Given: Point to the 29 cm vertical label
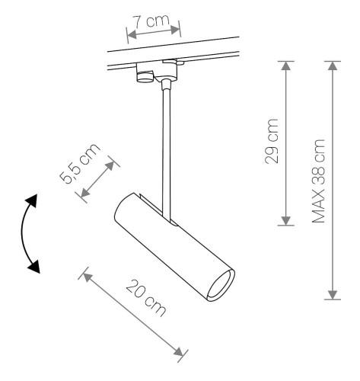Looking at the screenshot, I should (271, 140).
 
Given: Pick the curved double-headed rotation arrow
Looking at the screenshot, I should (26, 232).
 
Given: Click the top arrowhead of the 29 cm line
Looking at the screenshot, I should (285, 65).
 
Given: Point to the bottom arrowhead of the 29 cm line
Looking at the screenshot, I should (285, 220).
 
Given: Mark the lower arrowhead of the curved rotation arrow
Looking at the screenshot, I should (33, 266).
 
